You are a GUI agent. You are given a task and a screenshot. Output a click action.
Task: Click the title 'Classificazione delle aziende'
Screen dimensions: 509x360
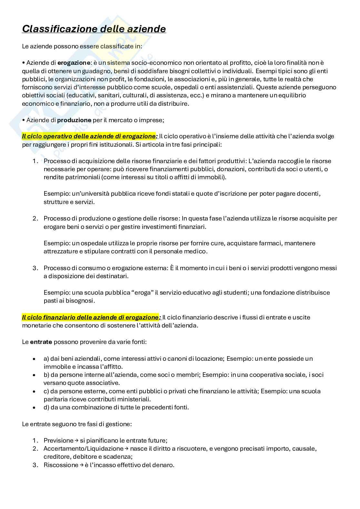tap(94, 29)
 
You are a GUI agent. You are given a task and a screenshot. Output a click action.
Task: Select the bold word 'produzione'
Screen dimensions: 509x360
tap(74, 120)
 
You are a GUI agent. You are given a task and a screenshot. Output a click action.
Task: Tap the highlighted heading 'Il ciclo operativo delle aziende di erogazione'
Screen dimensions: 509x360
tap(89, 136)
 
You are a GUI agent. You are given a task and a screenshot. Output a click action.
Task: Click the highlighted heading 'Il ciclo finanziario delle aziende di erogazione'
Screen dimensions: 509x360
tap(91, 317)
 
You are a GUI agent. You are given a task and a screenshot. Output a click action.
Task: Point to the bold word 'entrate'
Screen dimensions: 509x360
tap(41, 342)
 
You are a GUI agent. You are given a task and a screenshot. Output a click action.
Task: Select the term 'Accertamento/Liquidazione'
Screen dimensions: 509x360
tap(83, 448)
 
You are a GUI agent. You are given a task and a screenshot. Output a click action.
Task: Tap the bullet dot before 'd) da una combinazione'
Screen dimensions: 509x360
tap(34, 407)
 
